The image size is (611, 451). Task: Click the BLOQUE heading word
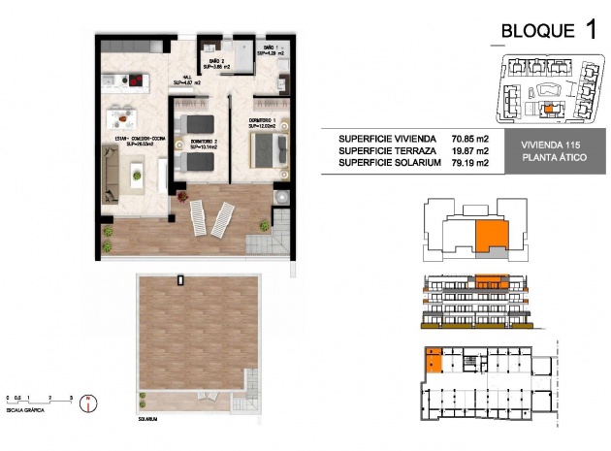coord(535,30)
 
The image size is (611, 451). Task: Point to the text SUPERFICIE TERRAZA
coord(388,151)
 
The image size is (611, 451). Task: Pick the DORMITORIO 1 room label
coord(263,123)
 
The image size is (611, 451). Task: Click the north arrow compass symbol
coord(89,402)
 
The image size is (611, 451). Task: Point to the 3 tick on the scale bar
coord(72,397)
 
